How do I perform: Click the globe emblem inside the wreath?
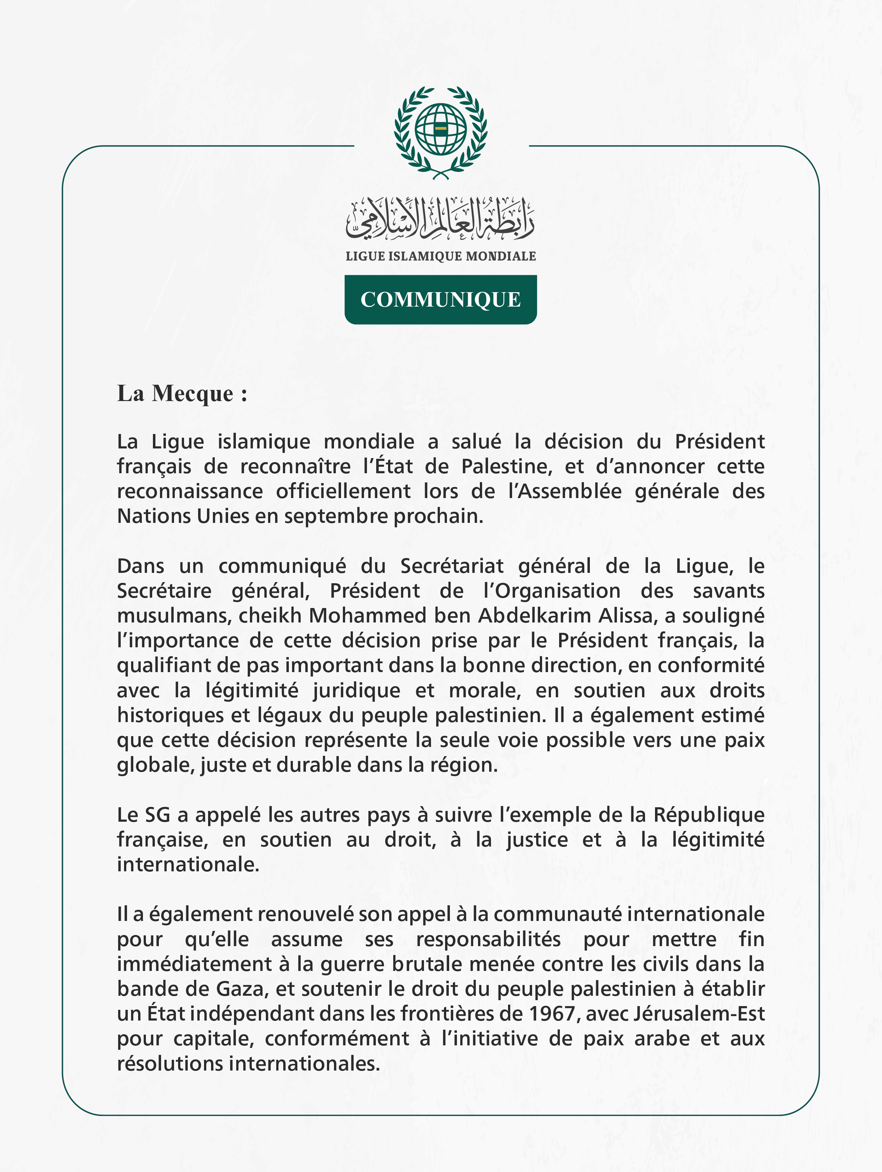440,129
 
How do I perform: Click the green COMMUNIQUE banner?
440,299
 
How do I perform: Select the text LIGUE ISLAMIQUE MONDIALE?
440,257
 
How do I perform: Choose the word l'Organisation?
551,591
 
